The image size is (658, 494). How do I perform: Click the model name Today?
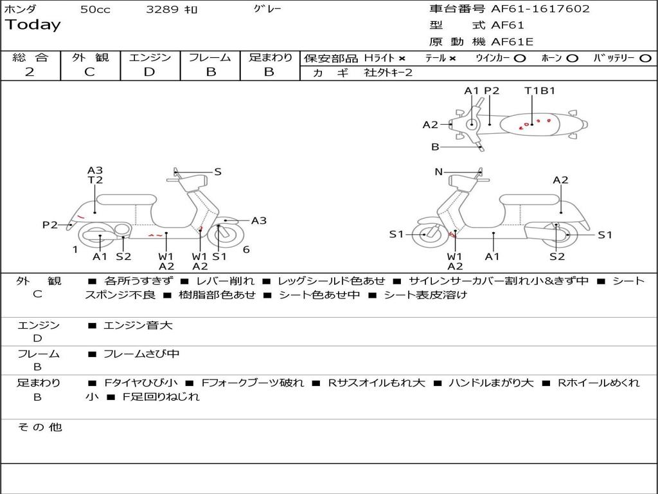click(x=33, y=25)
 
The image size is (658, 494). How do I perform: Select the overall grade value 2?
click(x=30, y=72)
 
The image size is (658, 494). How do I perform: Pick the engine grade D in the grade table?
click(x=149, y=72)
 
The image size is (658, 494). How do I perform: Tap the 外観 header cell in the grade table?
click(x=90, y=57)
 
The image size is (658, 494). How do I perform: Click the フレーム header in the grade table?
click(x=210, y=57)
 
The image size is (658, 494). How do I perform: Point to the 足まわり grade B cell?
click(x=269, y=72)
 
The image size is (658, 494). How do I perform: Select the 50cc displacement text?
click(x=95, y=10)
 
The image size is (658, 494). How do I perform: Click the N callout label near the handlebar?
click(x=439, y=172)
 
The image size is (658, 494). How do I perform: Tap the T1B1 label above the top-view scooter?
click(x=540, y=91)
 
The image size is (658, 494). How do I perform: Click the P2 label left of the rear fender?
click(x=50, y=224)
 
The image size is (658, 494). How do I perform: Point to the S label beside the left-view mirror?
click(x=218, y=172)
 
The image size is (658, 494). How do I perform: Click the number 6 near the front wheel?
click(x=246, y=250)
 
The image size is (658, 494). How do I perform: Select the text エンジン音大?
click(x=138, y=325)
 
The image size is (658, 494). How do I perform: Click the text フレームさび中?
click(x=141, y=354)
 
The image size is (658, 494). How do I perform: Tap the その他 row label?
click(x=39, y=427)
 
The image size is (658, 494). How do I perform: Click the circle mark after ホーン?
click(x=572, y=58)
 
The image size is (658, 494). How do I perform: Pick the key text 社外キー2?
click(x=388, y=73)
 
